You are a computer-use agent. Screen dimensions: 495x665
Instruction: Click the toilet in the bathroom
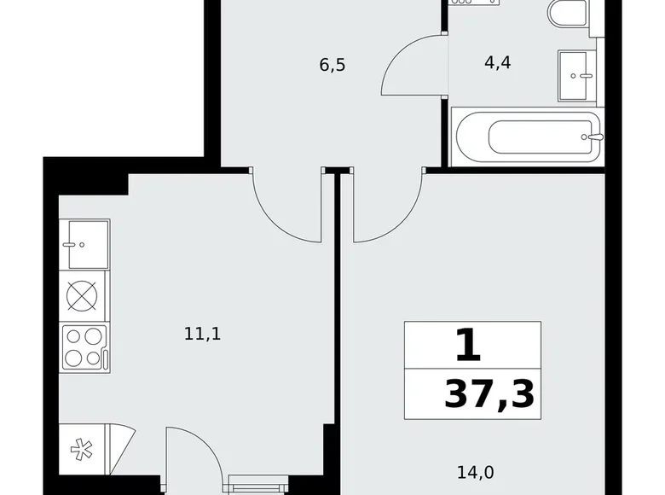point(567,15)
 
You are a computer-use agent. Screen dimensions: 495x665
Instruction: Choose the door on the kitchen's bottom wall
point(194,457)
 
